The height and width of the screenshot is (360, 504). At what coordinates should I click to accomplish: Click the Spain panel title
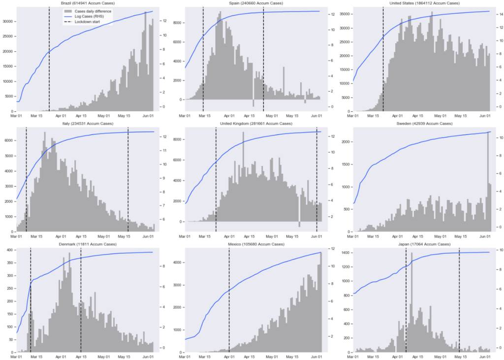point(255,3)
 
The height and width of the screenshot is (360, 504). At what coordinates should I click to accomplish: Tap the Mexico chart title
point(255,244)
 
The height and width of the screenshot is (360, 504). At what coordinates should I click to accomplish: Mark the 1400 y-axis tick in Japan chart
point(345,252)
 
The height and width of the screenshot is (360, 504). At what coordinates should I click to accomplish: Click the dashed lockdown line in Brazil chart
point(49,59)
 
